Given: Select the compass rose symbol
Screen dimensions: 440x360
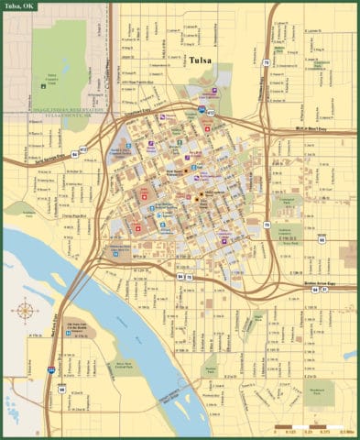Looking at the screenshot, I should [25, 312].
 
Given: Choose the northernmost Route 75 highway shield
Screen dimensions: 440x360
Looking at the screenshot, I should [267, 62].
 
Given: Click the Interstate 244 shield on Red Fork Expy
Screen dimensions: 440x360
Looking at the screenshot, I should [51, 370].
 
